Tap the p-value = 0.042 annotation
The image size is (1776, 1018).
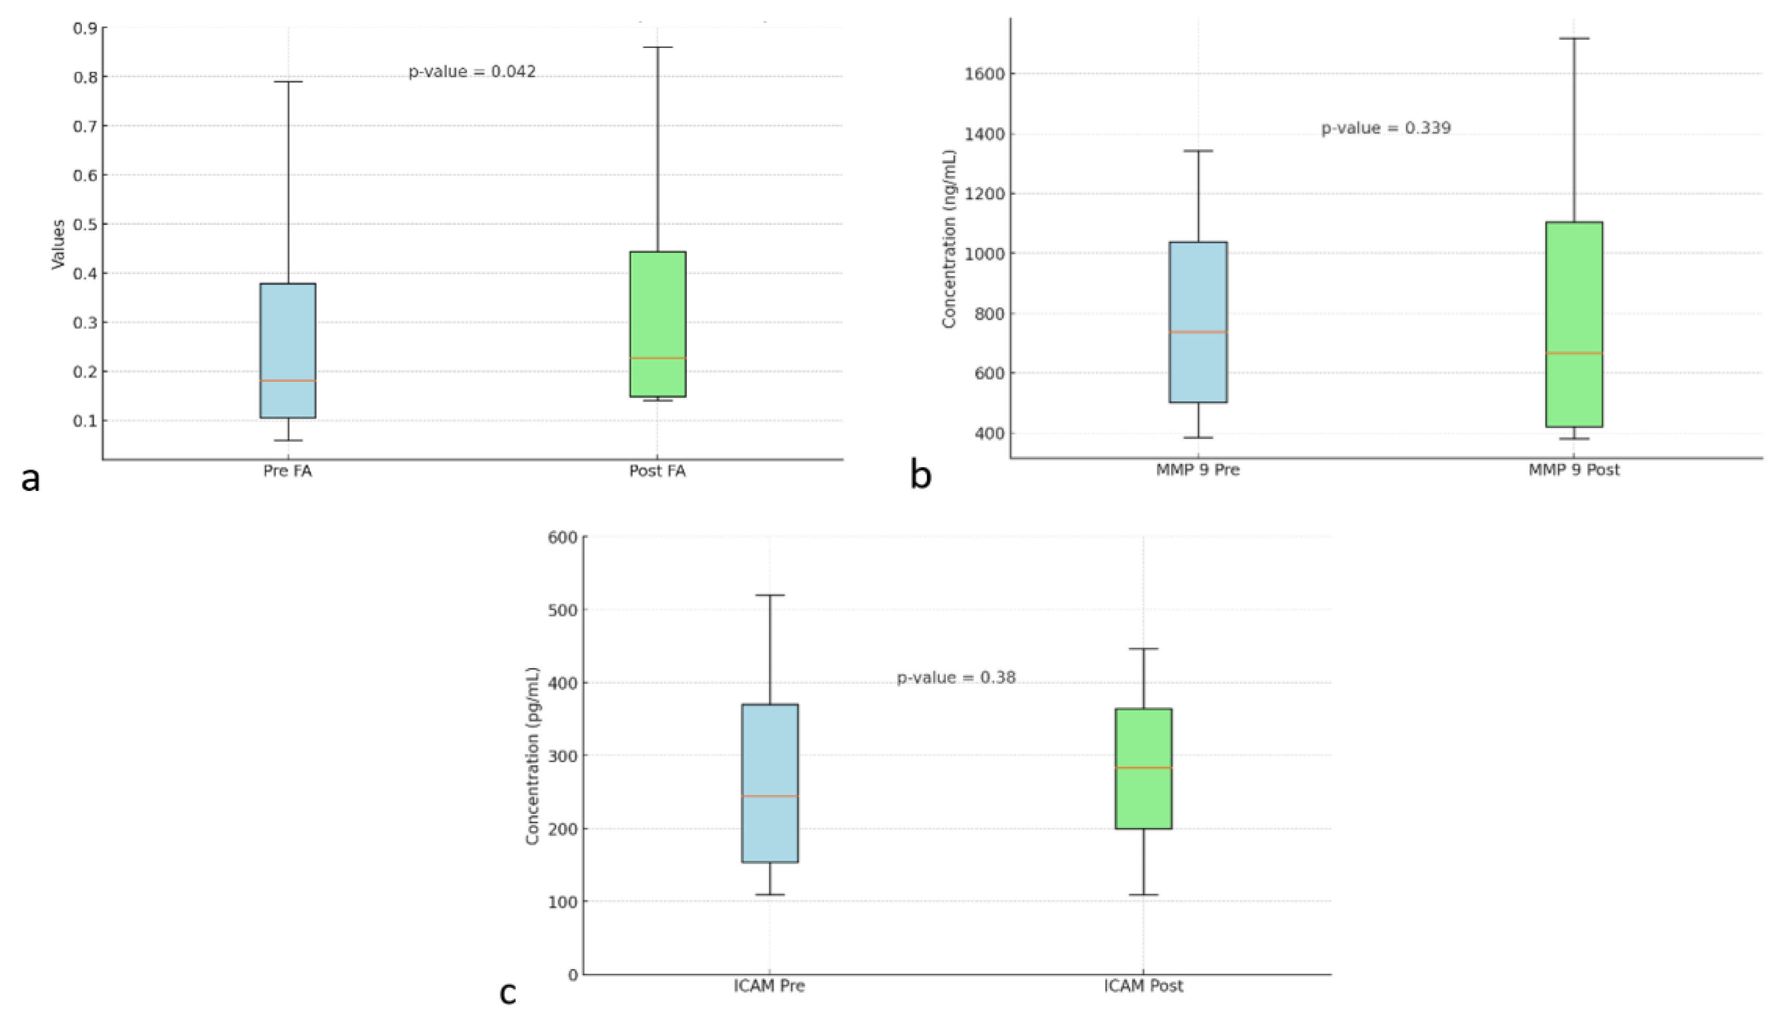pyautogui.click(x=472, y=71)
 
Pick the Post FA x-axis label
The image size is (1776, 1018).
pyautogui.click(x=658, y=471)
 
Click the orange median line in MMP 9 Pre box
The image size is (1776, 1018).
pyautogui.click(x=1198, y=332)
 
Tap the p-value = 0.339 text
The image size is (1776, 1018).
pyautogui.click(x=1386, y=128)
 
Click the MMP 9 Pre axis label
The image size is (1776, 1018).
pyautogui.click(x=1198, y=470)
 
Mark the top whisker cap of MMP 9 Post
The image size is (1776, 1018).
pyautogui.click(x=1574, y=39)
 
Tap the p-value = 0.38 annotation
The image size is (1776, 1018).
pyautogui.click(x=956, y=677)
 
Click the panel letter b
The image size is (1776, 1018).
pyautogui.click(x=920, y=475)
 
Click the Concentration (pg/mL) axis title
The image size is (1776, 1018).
pyautogui.click(x=533, y=756)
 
